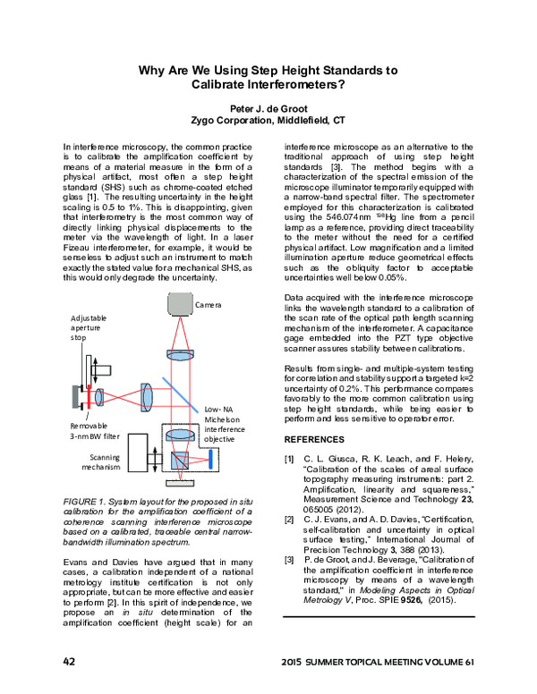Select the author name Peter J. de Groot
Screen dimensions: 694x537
click(268, 105)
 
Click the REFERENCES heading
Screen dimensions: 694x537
click(314, 440)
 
